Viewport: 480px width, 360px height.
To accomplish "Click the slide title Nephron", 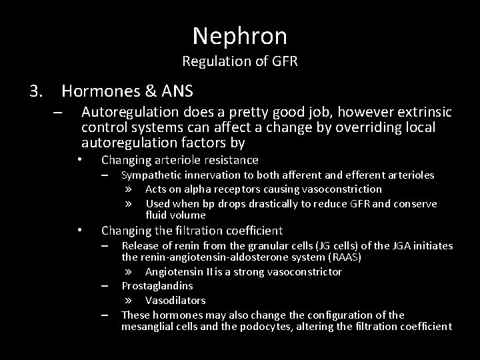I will [240, 36].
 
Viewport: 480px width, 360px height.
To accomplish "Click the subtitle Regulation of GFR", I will [239, 63].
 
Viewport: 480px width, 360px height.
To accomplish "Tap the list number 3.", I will [36, 89].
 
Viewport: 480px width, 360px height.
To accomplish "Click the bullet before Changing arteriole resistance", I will [79, 160].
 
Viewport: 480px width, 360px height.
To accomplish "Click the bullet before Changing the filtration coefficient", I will [79, 231].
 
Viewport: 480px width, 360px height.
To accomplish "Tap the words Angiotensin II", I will [175, 271].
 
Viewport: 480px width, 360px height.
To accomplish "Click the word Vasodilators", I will [175, 300].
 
